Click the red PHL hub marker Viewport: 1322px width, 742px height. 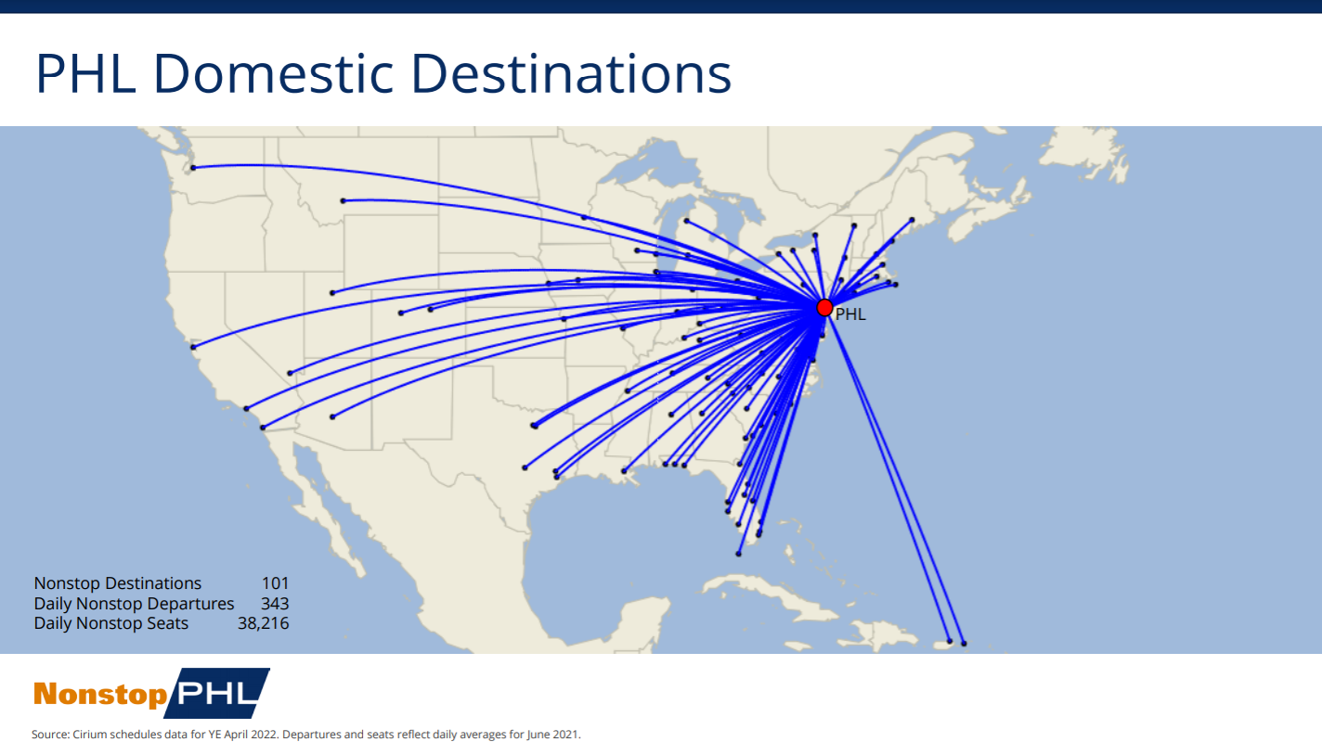pos(824,307)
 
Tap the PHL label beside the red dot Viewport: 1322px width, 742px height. pos(850,314)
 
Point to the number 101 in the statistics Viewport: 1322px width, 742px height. pos(275,583)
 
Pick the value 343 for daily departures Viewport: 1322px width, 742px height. pos(275,604)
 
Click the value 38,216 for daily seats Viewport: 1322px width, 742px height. pos(263,623)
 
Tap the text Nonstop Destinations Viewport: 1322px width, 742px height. pos(118,583)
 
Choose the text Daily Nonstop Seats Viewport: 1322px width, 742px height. pos(111,623)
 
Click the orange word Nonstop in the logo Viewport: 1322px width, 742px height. pos(100,695)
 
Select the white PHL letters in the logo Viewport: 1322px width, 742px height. pos(215,694)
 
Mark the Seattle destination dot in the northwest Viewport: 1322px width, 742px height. pos(193,168)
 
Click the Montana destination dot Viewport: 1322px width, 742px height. pos(343,200)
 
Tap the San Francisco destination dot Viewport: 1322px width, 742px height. pos(193,348)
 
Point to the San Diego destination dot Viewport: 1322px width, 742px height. pos(263,428)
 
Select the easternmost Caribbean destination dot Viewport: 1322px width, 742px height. pos(964,644)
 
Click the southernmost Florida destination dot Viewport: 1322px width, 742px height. pos(738,555)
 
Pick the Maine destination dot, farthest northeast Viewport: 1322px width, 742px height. pos(913,220)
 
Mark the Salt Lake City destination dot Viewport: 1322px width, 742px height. pos(331,293)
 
